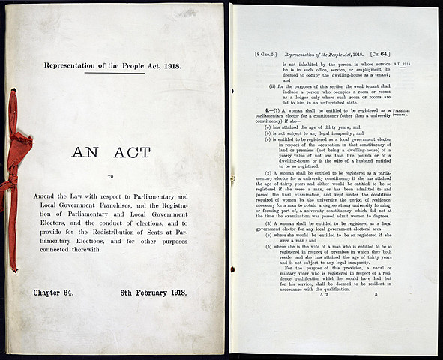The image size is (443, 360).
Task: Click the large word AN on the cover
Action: coord(89,154)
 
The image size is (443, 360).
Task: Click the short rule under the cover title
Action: coord(114,73)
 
